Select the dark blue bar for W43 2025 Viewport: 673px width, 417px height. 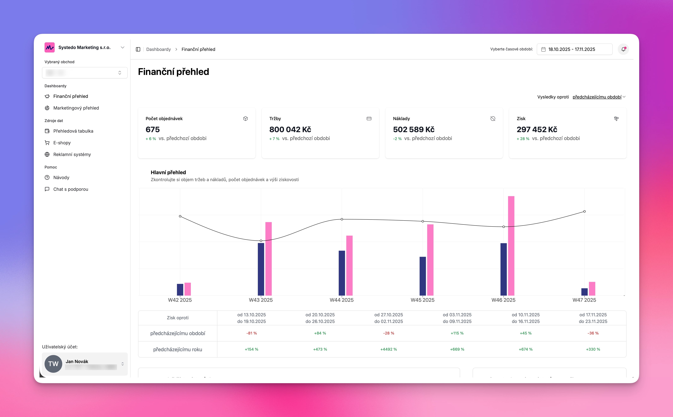pyautogui.click(x=261, y=269)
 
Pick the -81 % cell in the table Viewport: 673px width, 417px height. pyautogui.click(x=251, y=333)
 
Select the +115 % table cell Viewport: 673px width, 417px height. pyautogui.click(x=457, y=333)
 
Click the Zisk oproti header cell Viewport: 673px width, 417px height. pyautogui.click(x=177, y=318)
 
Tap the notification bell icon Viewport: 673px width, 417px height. pyautogui.click(x=623, y=49)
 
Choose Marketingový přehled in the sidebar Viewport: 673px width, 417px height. pyautogui.click(x=76, y=108)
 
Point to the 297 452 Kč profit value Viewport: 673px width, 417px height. pyautogui.click(x=537, y=129)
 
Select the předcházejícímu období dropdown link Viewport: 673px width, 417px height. pyautogui.click(x=597, y=97)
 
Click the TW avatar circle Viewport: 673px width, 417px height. pyautogui.click(x=53, y=364)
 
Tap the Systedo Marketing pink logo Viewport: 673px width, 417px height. pyautogui.click(x=50, y=47)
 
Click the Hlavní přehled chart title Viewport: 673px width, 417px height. pyautogui.click(x=168, y=172)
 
